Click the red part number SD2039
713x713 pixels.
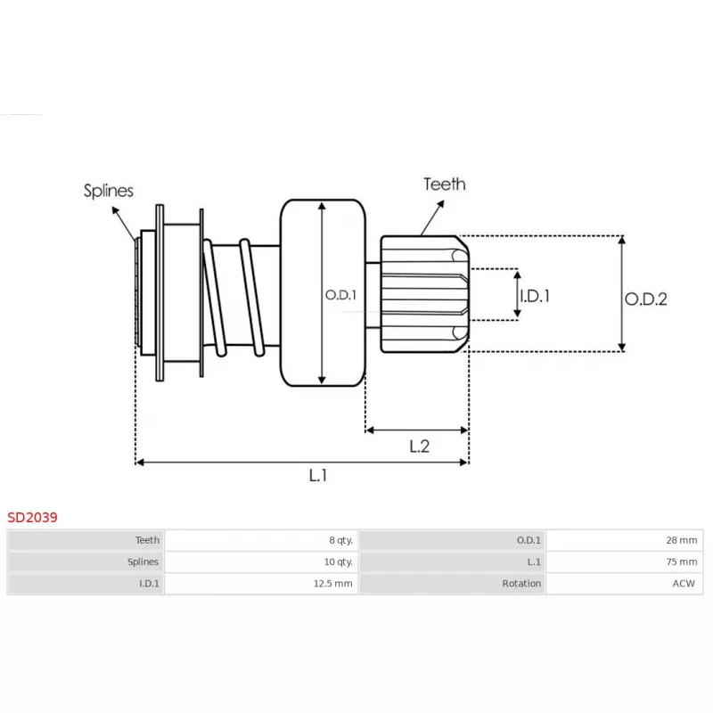pyautogui.click(x=32, y=517)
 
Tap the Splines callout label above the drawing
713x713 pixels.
pyautogui.click(x=108, y=191)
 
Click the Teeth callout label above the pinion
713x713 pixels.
pyautogui.click(x=444, y=184)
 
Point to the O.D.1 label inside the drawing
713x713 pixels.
pyautogui.click(x=340, y=295)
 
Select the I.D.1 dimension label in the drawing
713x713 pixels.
pyautogui.click(x=534, y=296)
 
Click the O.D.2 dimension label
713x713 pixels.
pyautogui.click(x=645, y=299)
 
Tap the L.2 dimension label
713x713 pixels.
pyautogui.click(x=419, y=447)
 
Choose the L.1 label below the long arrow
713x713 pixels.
pyautogui.click(x=318, y=475)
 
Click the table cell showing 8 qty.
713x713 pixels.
pyautogui.click(x=340, y=540)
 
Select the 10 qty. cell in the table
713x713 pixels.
pyautogui.click(x=338, y=561)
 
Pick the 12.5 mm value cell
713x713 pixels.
pyautogui.click(x=332, y=584)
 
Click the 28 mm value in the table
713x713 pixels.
pyautogui.click(x=681, y=540)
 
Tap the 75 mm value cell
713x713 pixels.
pyautogui.click(x=681, y=561)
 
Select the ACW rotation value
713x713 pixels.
pyautogui.click(x=684, y=584)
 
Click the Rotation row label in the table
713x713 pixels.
pyautogui.click(x=521, y=584)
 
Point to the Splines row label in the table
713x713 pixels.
pyautogui.click(x=143, y=561)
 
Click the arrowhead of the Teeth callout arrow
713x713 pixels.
pyautogui.click(x=440, y=204)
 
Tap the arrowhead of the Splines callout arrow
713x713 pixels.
pyautogui.click(x=115, y=210)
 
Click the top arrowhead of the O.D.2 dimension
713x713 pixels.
pyautogui.click(x=621, y=240)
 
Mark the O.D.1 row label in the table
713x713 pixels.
pyautogui.click(x=529, y=540)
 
